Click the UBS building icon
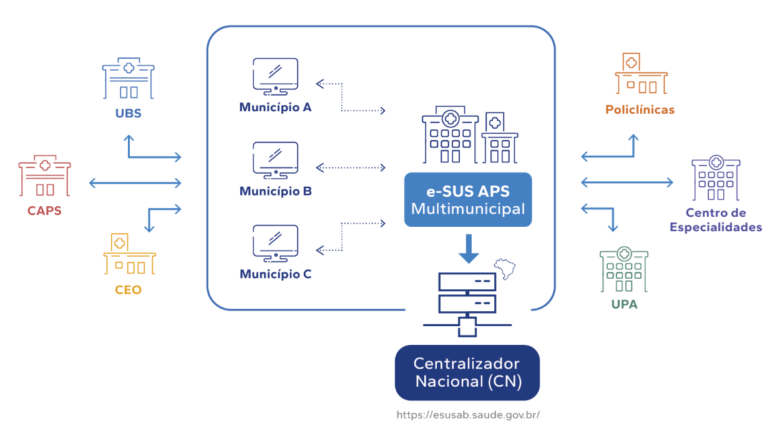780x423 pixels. click(x=129, y=79)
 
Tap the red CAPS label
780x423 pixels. click(x=44, y=211)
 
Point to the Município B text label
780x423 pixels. click(x=275, y=191)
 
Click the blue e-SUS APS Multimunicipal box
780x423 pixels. click(x=468, y=200)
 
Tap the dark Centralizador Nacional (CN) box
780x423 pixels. click(x=467, y=372)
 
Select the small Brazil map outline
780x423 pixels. click(x=506, y=269)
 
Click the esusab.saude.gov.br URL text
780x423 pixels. click(x=468, y=414)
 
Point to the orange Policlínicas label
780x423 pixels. click(x=640, y=110)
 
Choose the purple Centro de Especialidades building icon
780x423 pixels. click(x=716, y=179)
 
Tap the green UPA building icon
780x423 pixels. click(x=623, y=270)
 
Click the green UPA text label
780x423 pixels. click(x=624, y=306)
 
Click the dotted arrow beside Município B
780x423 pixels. click(x=351, y=167)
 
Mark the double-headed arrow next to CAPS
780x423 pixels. click(x=135, y=183)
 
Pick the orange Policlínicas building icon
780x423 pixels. click(x=640, y=74)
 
